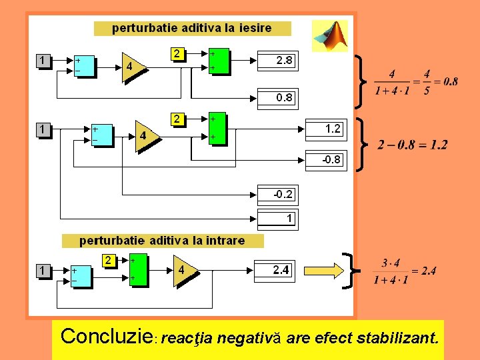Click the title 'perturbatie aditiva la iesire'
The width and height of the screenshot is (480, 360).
click(192, 28)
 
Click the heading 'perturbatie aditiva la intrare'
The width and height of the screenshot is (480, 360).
click(162, 241)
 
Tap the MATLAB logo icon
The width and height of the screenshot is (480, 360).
click(330, 35)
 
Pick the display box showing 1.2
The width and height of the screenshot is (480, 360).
click(325, 129)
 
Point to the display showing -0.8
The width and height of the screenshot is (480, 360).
click(325, 159)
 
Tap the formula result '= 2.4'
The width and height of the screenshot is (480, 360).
click(423, 271)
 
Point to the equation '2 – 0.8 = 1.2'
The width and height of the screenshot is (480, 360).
click(412, 145)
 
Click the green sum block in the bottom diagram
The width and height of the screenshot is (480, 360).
click(138, 270)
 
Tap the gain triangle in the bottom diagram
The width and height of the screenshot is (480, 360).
click(184, 271)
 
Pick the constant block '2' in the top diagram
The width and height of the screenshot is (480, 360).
click(177, 53)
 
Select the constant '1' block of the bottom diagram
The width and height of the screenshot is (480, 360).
click(43, 271)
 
